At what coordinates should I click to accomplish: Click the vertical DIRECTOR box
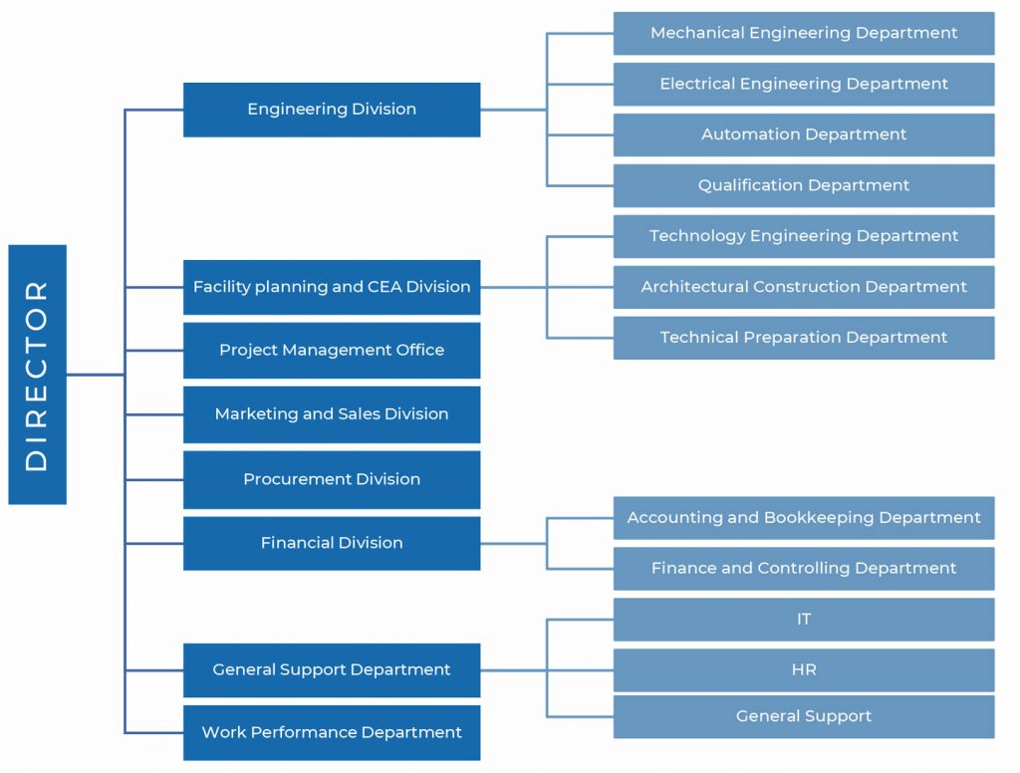tap(37, 375)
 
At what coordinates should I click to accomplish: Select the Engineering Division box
tap(332, 110)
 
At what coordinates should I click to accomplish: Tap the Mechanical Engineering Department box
tap(803, 33)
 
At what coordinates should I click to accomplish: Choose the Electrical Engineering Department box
tap(803, 84)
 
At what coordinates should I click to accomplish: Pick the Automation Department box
tap(803, 134)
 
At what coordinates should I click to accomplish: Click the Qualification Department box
tap(803, 185)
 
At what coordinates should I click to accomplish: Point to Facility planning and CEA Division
tap(332, 287)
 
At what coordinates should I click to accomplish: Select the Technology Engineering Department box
tap(803, 236)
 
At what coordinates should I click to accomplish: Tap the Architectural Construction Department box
tap(803, 287)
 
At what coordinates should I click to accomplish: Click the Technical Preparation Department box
tap(803, 338)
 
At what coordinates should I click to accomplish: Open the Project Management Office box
tap(332, 351)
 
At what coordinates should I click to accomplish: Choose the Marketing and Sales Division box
tap(332, 414)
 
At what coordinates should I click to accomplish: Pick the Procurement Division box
tap(332, 479)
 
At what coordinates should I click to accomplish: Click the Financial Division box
tap(332, 543)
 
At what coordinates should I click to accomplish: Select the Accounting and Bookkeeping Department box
tap(803, 518)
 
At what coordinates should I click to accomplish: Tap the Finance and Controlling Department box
tap(803, 569)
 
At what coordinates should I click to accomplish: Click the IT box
tap(803, 620)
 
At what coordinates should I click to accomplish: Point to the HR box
tap(803, 670)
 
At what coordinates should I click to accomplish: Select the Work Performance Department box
tap(332, 733)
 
